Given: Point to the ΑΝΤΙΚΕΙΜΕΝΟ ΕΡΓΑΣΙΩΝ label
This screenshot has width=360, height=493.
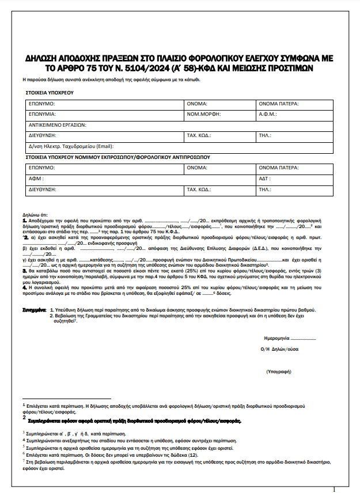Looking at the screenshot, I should [57, 124].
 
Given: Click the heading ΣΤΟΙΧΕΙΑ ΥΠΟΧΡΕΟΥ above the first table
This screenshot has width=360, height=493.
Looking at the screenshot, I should [49, 92].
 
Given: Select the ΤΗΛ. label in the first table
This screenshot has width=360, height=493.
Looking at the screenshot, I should [264, 135].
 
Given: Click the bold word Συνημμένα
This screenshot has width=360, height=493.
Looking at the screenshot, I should [34, 309].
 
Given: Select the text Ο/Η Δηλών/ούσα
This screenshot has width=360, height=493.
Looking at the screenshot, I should [279, 348].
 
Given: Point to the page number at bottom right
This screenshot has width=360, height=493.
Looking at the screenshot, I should [334, 489].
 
